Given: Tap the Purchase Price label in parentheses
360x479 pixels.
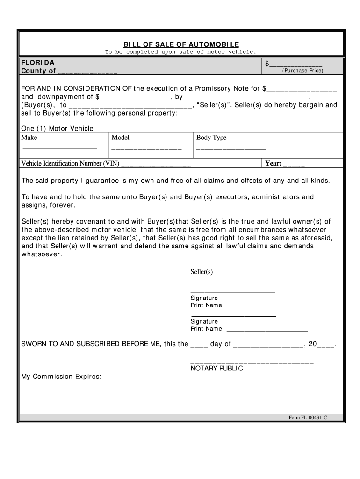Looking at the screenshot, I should (x=302, y=71).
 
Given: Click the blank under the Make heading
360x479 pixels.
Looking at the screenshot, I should (x=60, y=148).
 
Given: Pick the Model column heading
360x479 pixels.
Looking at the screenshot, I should (x=121, y=138).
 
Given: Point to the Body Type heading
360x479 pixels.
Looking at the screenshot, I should (x=211, y=138).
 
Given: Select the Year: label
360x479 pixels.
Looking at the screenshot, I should (x=274, y=164).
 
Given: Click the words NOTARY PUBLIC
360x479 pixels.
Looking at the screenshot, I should (x=216, y=369).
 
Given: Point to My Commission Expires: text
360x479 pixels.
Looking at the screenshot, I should (x=61, y=377).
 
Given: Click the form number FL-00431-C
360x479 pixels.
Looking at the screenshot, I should (x=308, y=417).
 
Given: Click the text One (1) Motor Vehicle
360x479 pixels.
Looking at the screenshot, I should (x=58, y=129).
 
